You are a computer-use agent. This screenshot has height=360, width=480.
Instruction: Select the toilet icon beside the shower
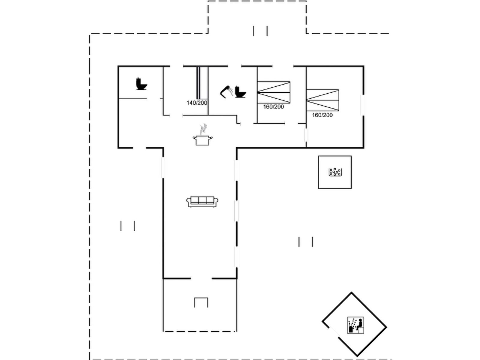(240, 92)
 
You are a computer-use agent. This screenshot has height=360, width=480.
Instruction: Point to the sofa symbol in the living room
(202, 201)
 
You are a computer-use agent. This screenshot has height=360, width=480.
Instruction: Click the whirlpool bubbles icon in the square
(335, 172)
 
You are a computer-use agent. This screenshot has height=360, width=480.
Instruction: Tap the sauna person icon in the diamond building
(355, 325)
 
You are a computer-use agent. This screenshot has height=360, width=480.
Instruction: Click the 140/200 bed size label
(197, 103)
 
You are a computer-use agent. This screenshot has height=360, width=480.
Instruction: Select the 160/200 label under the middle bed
(274, 107)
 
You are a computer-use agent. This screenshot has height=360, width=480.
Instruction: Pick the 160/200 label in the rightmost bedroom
(322, 115)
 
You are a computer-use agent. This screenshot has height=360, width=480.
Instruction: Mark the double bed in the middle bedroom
(274, 92)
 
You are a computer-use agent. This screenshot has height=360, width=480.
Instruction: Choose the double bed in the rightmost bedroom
(322, 100)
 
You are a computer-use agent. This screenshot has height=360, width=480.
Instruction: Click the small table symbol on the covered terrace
(201, 302)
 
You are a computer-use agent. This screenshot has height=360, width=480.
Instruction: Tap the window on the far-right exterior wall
(362, 105)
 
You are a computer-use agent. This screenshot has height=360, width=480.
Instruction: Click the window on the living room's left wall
(163, 167)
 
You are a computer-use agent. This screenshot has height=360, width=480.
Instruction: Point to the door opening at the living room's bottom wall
(201, 278)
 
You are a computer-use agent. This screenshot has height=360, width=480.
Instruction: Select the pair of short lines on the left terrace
(127, 226)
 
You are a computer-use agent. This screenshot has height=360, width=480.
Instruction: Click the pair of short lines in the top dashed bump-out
(260, 31)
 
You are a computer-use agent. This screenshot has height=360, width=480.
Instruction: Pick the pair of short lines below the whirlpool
(306, 241)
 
